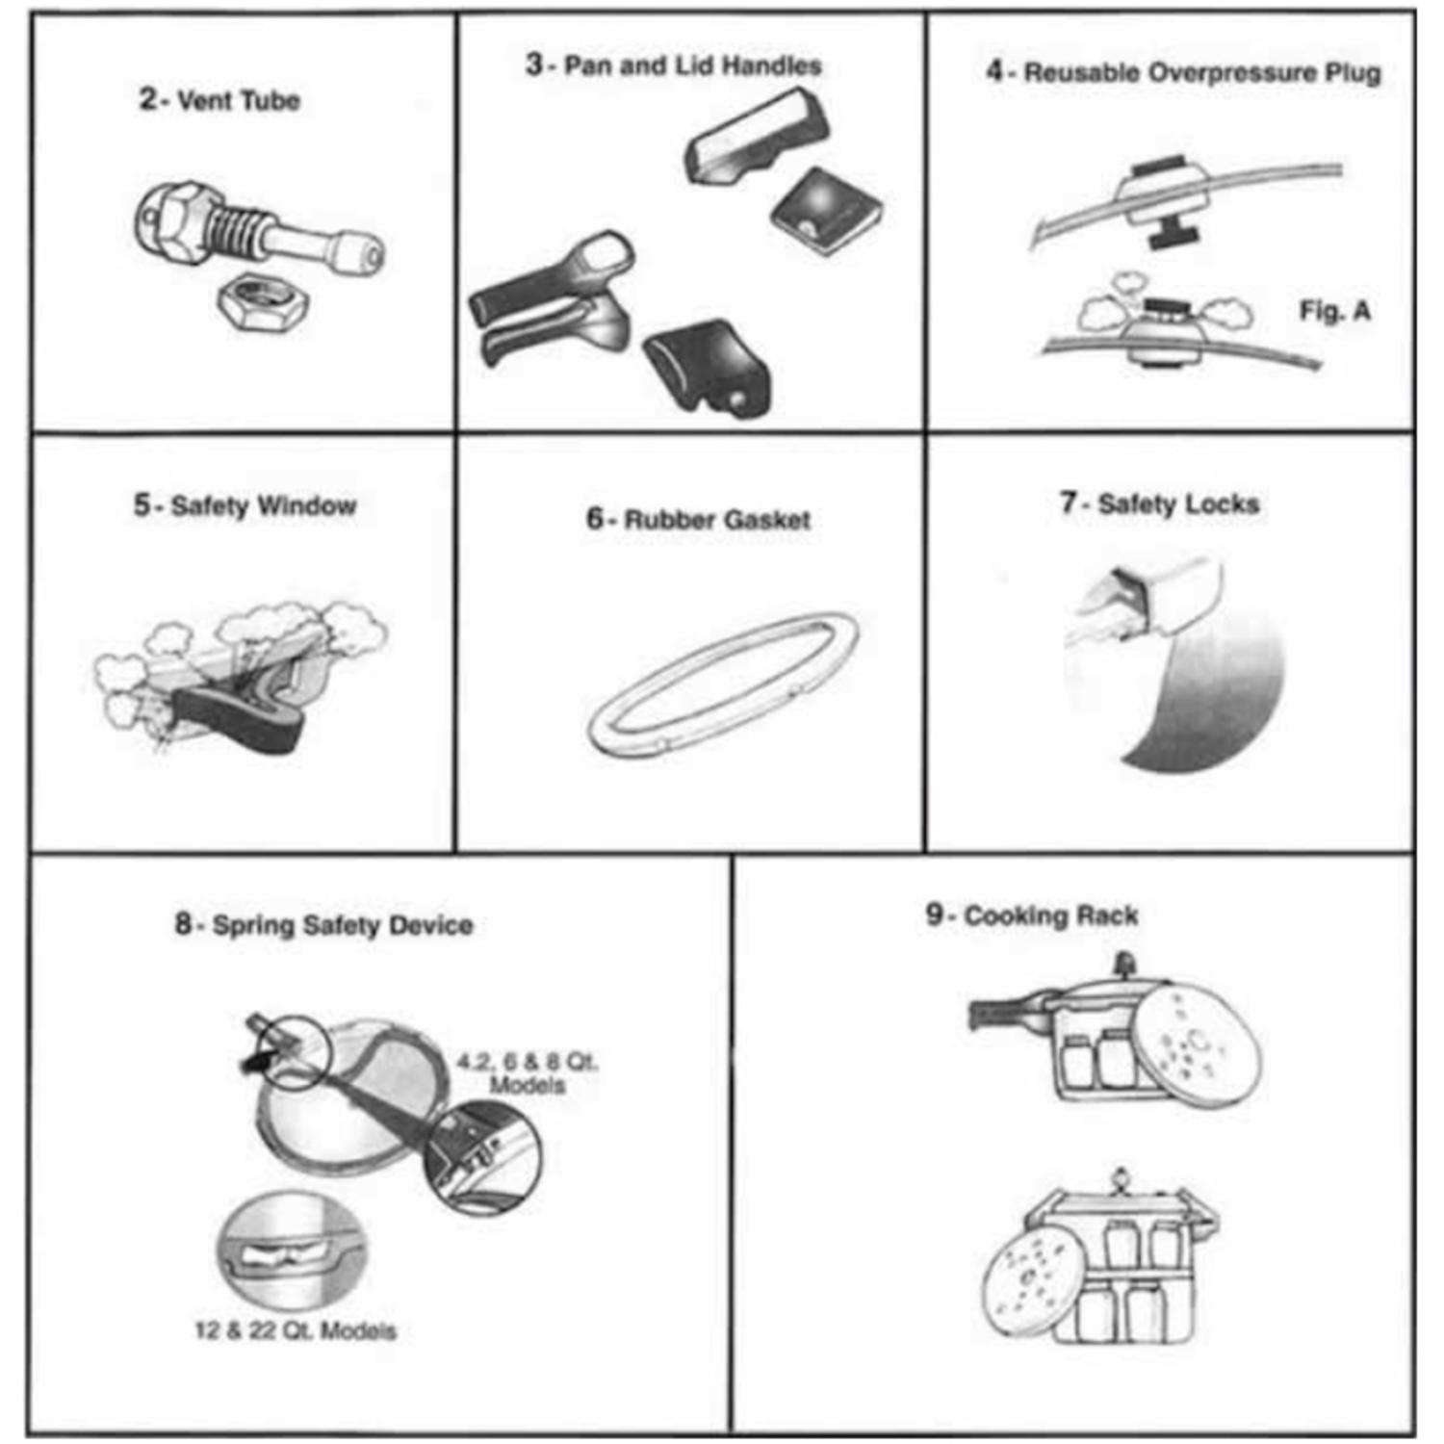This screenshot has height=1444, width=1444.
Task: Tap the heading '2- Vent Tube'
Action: [x=219, y=99]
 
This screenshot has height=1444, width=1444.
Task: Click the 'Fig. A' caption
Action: [x=1334, y=311]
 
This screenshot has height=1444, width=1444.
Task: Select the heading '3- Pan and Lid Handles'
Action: [x=674, y=65]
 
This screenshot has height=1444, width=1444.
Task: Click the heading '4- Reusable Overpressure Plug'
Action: [x=1183, y=72]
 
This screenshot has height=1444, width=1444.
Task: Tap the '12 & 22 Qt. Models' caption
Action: [x=296, y=1331]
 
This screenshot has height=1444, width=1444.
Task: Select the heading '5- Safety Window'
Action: [x=245, y=505]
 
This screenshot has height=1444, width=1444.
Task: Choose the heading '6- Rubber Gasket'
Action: [x=698, y=520]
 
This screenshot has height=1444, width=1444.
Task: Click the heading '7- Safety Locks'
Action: [x=1160, y=503]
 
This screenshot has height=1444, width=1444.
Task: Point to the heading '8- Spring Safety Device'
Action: [x=323, y=925]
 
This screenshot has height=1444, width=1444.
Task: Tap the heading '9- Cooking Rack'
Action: [x=1032, y=915]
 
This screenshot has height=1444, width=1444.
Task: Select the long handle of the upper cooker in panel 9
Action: [x=1003, y=1014]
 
